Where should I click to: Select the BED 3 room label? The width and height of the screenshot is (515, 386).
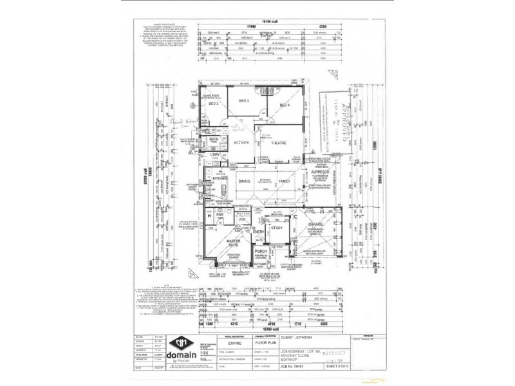(243, 102)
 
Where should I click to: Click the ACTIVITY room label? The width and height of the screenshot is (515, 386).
(241, 143)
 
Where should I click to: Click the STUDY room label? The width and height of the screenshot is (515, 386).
(277, 227)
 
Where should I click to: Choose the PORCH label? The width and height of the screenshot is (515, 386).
(261, 252)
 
